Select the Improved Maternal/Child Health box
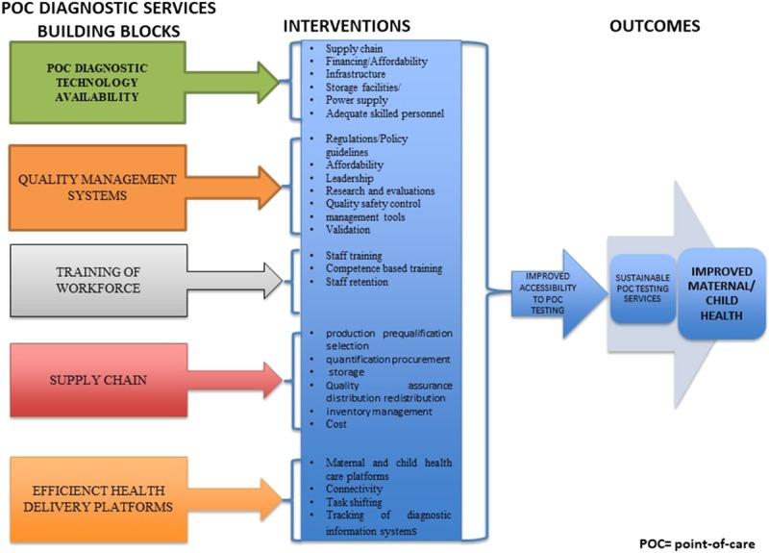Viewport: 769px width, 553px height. [x=721, y=285]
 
